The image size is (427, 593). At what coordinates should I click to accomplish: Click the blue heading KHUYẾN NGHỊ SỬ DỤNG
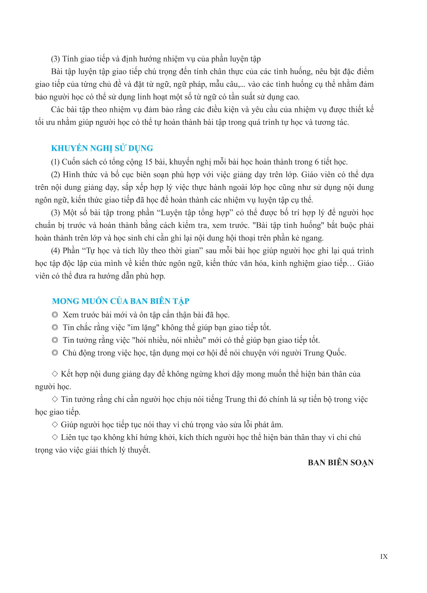point(102,148)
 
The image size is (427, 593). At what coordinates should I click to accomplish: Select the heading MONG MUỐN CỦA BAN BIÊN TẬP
point(121,301)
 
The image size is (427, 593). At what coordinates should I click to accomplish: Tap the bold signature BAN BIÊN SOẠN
point(341,463)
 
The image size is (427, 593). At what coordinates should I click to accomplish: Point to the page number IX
point(384,556)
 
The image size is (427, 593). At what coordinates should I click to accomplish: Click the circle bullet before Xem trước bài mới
point(55,315)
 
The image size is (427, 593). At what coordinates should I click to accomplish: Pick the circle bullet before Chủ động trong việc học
point(55,353)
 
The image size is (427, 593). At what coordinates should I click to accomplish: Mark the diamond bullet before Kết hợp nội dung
point(55,374)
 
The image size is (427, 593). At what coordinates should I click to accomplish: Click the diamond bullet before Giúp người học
point(55,425)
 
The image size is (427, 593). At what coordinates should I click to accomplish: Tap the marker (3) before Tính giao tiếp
point(55,59)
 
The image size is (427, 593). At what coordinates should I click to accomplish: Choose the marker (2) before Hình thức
point(55,175)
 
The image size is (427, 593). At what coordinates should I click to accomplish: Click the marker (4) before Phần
point(55,250)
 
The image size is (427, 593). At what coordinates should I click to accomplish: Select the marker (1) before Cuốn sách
point(55,162)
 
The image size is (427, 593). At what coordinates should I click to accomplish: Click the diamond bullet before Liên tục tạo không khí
point(55,437)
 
